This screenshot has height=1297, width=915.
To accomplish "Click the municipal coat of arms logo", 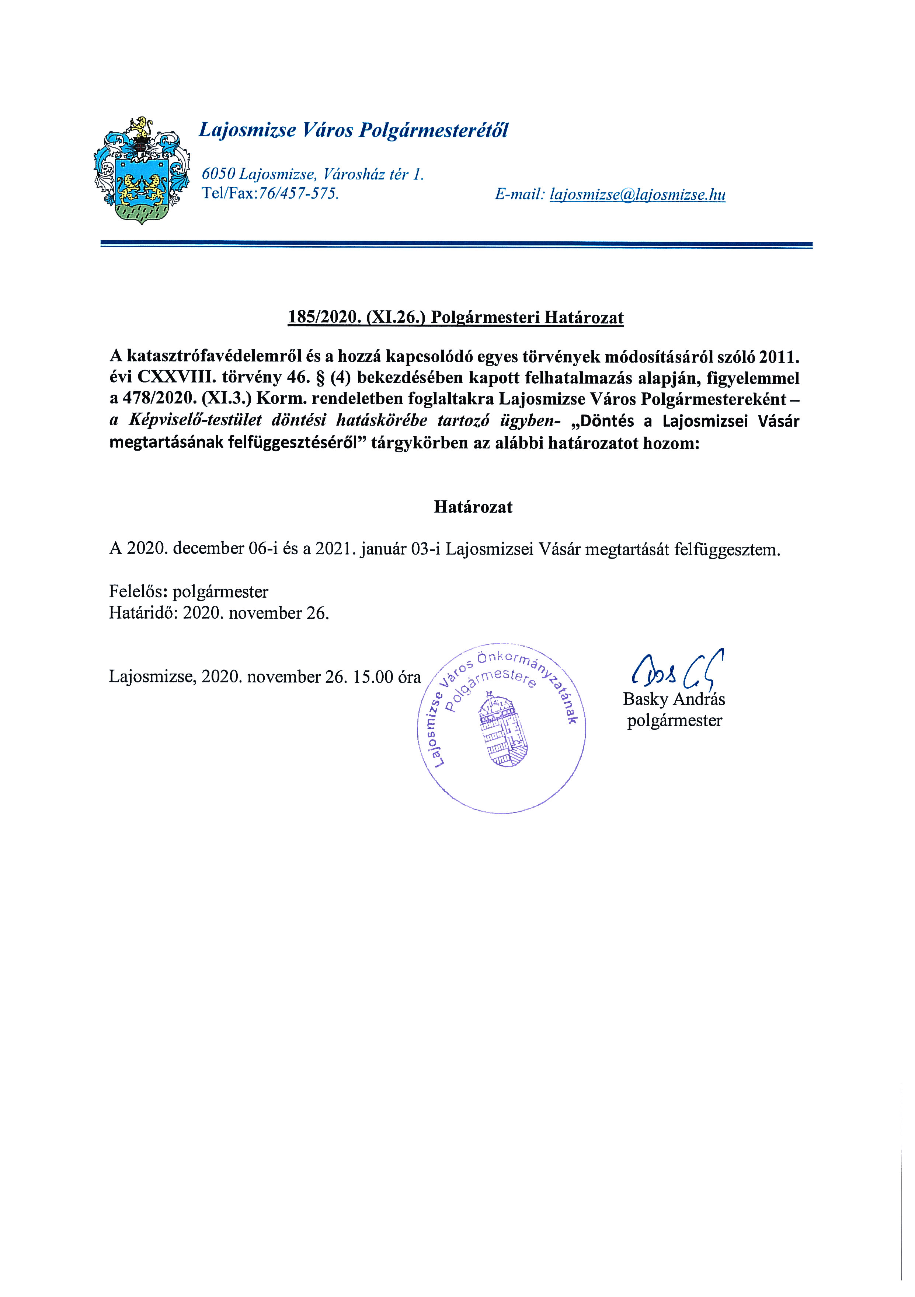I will [141, 171].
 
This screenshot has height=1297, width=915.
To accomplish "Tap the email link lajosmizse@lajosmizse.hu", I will [637, 195].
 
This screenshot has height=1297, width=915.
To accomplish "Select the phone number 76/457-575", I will [298, 194].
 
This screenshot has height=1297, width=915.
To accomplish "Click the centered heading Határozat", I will [473, 507].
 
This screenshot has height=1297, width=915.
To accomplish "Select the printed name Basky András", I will [674, 699].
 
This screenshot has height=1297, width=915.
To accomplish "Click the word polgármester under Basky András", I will [674, 721].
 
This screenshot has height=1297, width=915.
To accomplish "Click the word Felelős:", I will [139, 592].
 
